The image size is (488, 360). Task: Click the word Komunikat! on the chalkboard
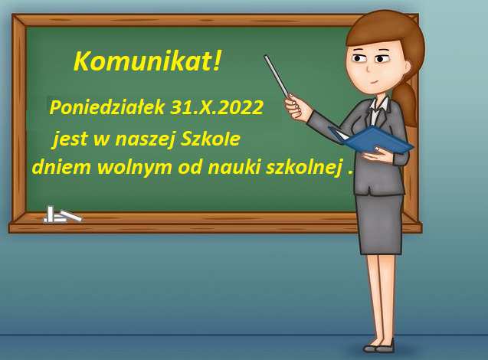coord(147,61)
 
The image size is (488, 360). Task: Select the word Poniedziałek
coord(106,107)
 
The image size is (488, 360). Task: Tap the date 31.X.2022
coord(217,107)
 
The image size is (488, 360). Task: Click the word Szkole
coord(211,139)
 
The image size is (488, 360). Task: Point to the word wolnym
coord(135,167)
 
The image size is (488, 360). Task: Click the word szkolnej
coord(304,168)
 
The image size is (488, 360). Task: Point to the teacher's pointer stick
coord(277,76)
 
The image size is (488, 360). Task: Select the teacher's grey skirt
coord(379,224)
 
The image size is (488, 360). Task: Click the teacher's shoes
coord(379,346)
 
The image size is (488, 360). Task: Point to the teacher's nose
coord(368,68)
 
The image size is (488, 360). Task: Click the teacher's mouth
coord(375,82)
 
